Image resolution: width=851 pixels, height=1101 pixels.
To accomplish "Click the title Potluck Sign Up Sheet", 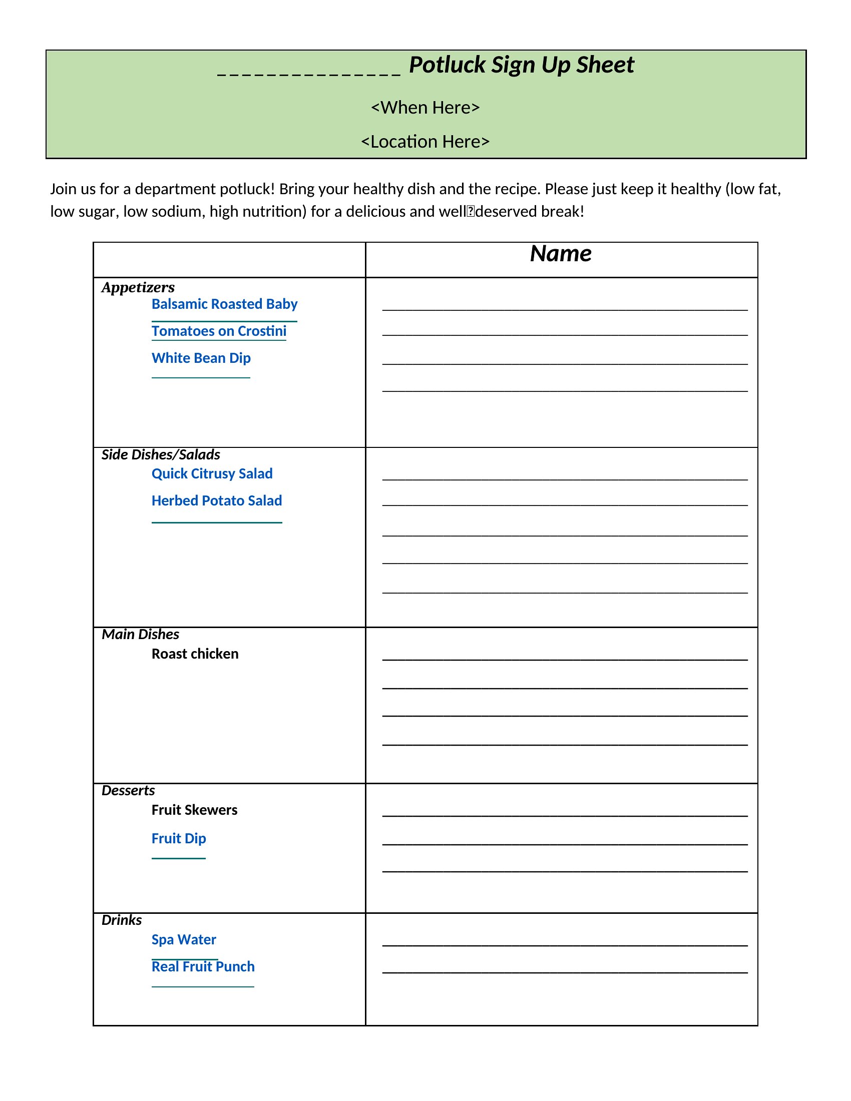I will click(x=521, y=65).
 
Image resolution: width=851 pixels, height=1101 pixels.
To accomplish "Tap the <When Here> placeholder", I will click(x=425, y=108).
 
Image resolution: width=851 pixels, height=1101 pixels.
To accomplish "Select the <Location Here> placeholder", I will click(x=425, y=142).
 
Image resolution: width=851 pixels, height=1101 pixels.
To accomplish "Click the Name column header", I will click(x=561, y=254).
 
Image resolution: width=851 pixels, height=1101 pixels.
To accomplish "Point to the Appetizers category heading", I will click(x=138, y=287).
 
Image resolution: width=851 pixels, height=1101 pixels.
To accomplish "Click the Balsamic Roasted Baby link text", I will click(x=224, y=304).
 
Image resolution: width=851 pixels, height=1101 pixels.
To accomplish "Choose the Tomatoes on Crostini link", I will click(x=219, y=331).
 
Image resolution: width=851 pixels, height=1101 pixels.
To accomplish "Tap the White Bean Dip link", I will click(x=201, y=358).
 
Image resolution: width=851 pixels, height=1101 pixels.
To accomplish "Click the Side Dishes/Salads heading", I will click(x=161, y=455).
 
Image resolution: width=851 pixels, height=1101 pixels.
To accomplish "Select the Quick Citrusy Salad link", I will click(x=212, y=474).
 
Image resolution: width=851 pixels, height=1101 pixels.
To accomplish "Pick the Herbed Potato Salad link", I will click(x=217, y=500).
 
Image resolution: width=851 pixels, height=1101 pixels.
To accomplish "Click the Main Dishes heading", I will click(x=140, y=634).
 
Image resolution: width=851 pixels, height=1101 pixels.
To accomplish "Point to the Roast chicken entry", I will click(x=195, y=654).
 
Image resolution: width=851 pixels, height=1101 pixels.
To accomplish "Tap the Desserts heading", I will click(x=128, y=790).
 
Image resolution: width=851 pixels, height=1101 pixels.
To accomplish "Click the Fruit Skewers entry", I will click(x=195, y=810).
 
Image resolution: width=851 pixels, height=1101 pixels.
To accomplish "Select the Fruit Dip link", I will click(x=179, y=838).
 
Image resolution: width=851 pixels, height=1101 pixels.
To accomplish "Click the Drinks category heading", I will click(x=122, y=920).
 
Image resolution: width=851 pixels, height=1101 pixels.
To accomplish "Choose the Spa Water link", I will click(x=184, y=940).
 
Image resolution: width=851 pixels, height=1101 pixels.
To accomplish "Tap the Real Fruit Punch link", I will click(x=203, y=966).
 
